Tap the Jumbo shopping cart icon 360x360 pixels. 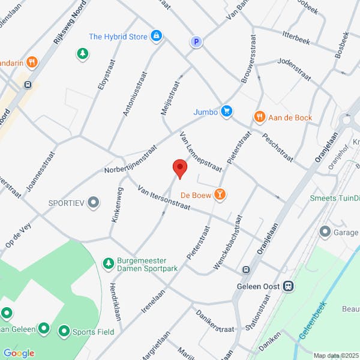click(226, 111)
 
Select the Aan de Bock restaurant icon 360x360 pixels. click(259, 117)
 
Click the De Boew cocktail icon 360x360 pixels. click(221, 194)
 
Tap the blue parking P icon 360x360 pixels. click(195, 42)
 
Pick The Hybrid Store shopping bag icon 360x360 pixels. click(157, 37)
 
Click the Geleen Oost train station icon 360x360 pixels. click(289, 286)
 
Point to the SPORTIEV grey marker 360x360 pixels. click(93, 203)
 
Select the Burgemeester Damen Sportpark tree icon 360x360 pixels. click(109, 263)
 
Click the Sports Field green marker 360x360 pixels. click(64, 331)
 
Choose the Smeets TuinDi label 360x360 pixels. click(334, 198)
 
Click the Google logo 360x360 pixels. click(19, 353)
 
